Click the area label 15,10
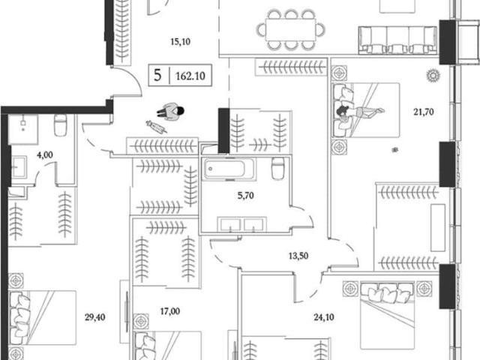point(180,42)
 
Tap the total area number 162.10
point(190,76)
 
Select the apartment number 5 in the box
point(157,75)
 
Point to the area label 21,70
point(424,112)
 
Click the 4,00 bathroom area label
point(45,155)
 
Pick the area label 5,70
point(245,195)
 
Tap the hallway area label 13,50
point(298,256)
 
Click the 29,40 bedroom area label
point(95,317)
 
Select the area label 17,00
point(170,311)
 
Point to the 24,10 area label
point(324,317)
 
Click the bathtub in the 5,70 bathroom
point(229,169)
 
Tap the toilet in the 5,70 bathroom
point(278,168)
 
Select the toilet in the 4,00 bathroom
point(60,125)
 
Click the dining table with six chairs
point(290,30)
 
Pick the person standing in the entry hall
point(171,112)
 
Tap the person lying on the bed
point(358,112)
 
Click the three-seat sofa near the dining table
point(397,40)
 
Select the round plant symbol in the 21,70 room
point(433,75)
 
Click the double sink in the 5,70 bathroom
point(241,223)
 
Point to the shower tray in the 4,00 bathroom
point(23,129)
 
